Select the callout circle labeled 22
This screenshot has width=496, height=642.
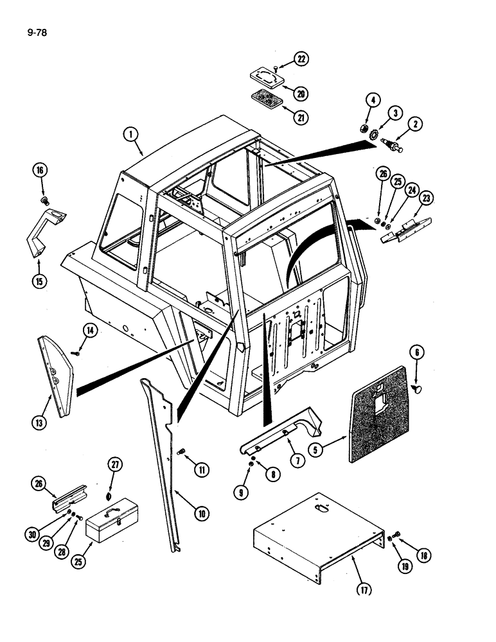[301, 59]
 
